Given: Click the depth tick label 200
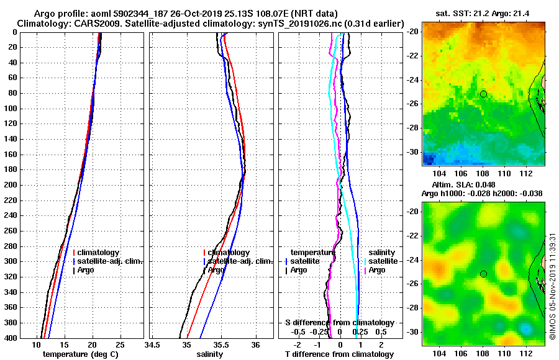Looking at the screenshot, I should [11, 185].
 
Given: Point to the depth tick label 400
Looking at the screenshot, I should [11, 338].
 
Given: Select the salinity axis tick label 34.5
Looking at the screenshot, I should [152, 344].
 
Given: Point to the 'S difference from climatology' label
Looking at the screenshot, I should [339, 323].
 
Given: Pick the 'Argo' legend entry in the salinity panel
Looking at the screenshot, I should [217, 270].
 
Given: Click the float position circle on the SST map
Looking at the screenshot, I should [483, 94].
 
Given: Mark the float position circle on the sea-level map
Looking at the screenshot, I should [483, 274].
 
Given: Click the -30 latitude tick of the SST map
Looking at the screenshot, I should [413, 152].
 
